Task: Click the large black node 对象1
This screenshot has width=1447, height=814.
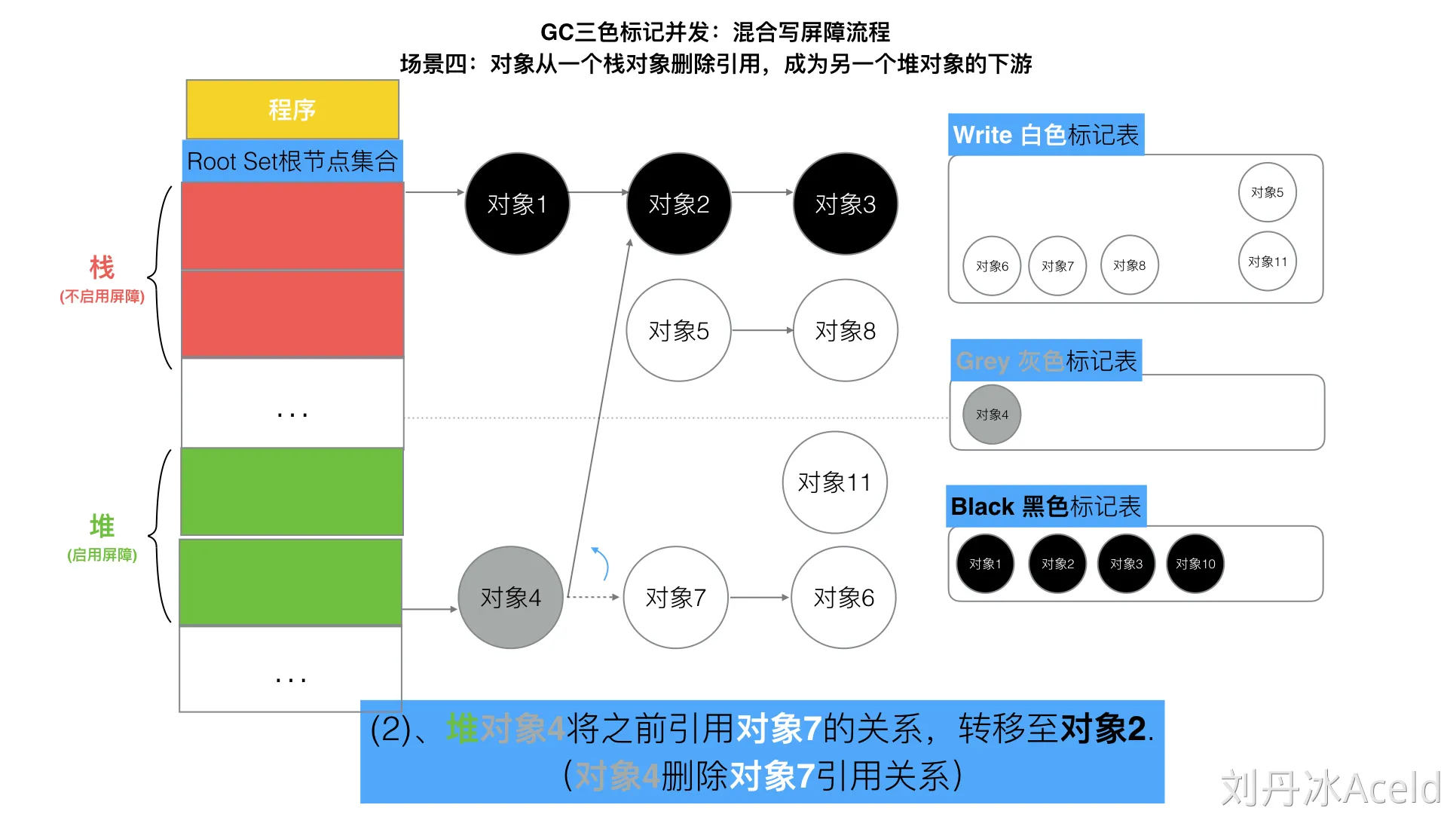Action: [x=517, y=203]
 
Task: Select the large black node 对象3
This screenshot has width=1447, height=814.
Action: [x=845, y=203]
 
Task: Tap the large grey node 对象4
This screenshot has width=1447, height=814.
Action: [x=510, y=597]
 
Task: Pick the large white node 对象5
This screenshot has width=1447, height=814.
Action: [x=678, y=330]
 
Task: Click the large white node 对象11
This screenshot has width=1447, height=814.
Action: [x=834, y=482]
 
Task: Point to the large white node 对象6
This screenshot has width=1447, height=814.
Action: [x=843, y=597]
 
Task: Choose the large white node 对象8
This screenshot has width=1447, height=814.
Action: [x=845, y=330]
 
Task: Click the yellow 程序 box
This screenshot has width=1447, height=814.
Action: [x=292, y=109]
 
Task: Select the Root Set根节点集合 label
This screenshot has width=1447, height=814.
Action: [x=292, y=161]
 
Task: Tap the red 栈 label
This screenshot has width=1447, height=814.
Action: [x=102, y=268]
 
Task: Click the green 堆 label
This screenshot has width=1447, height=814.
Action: [x=102, y=525]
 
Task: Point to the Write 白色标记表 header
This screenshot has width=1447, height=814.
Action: [x=1045, y=134]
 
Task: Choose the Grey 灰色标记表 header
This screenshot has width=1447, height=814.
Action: [x=1045, y=360]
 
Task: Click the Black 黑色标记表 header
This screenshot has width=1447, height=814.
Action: [x=1045, y=506]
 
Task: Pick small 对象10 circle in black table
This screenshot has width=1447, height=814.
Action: [x=1195, y=564]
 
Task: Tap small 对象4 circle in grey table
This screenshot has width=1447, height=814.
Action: [x=992, y=415]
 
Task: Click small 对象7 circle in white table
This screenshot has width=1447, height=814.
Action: [x=1057, y=265]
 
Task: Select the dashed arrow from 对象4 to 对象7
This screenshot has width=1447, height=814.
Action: [x=592, y=597]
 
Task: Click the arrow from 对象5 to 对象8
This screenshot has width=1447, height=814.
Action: [x=761, y=330]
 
